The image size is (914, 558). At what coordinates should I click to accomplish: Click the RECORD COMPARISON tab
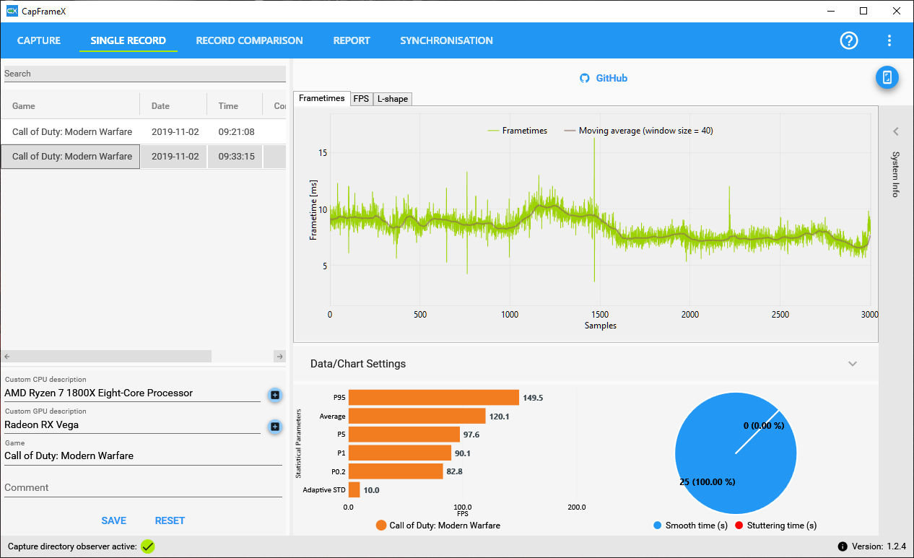point(249,40)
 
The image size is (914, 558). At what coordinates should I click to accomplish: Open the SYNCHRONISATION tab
point(446,40)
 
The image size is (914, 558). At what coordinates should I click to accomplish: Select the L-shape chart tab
point(393,99)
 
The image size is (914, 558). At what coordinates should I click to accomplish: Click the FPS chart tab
point(361,99)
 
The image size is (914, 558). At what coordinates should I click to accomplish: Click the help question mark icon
point(849,40)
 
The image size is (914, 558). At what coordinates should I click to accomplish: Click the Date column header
point(160,106)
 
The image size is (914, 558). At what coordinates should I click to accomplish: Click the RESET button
point(170,520)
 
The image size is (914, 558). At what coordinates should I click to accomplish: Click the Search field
point(144,74)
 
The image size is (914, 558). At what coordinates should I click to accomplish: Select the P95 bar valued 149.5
point(433,398)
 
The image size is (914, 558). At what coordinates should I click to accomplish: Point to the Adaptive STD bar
point(354,490)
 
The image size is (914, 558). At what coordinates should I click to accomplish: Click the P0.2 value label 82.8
point(455,471)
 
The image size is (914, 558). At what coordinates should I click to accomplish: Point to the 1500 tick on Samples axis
point(600,315)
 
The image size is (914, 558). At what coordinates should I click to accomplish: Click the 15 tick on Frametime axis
point(322,153)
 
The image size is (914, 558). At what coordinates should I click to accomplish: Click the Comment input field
point(143,488)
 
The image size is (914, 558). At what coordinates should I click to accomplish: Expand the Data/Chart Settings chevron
point(853,364)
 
